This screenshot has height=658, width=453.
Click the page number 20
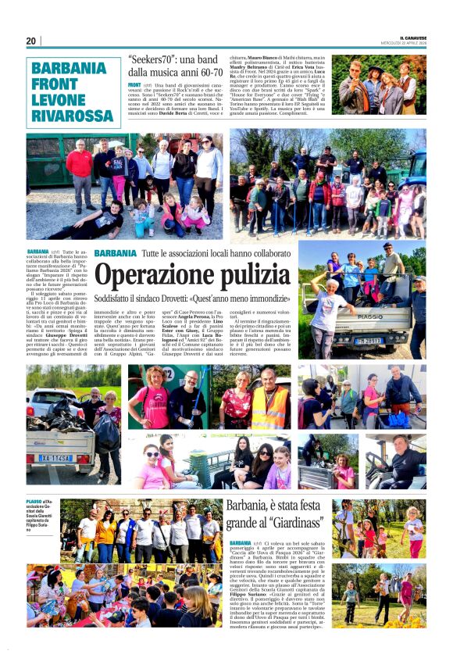31,41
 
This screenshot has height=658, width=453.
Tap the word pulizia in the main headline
262,278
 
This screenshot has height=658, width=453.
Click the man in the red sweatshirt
80,169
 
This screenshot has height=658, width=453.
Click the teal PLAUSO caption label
34,500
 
